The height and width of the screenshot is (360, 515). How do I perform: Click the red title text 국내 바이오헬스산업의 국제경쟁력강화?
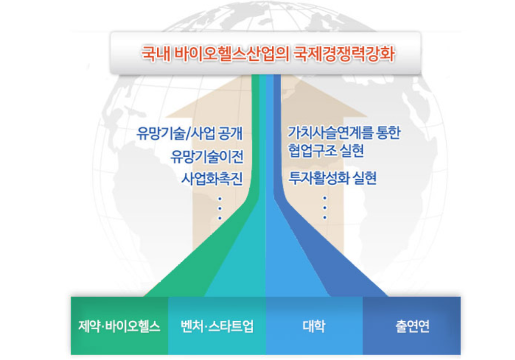[x=268, y=54]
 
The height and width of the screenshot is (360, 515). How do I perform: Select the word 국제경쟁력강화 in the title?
[x=343, y=54]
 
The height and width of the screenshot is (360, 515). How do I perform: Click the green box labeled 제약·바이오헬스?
[x=119, y=326]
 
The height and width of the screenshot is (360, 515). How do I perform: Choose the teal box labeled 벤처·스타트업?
[x=217, y=326]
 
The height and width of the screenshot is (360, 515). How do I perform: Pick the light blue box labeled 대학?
[x=314, y=326]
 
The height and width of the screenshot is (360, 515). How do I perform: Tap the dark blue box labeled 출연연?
[x=411, y=326]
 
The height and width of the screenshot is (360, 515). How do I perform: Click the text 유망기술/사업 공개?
[x=190, y=133]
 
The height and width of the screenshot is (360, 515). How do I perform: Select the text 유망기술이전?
[x=207, y=156]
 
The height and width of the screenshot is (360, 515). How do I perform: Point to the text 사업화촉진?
[x=212, y=178]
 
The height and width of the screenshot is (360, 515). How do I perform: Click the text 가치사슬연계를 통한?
[x=344, y=132]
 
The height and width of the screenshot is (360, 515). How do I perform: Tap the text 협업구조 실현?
[x=326, y=151]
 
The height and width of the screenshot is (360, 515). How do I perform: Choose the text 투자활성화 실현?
[x=332, y=178]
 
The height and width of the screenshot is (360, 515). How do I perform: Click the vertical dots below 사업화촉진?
[x=220, y=208]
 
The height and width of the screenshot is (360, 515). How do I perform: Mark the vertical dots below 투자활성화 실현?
[x=325, y=208]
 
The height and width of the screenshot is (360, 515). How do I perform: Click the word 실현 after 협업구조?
[x=352, y=151]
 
